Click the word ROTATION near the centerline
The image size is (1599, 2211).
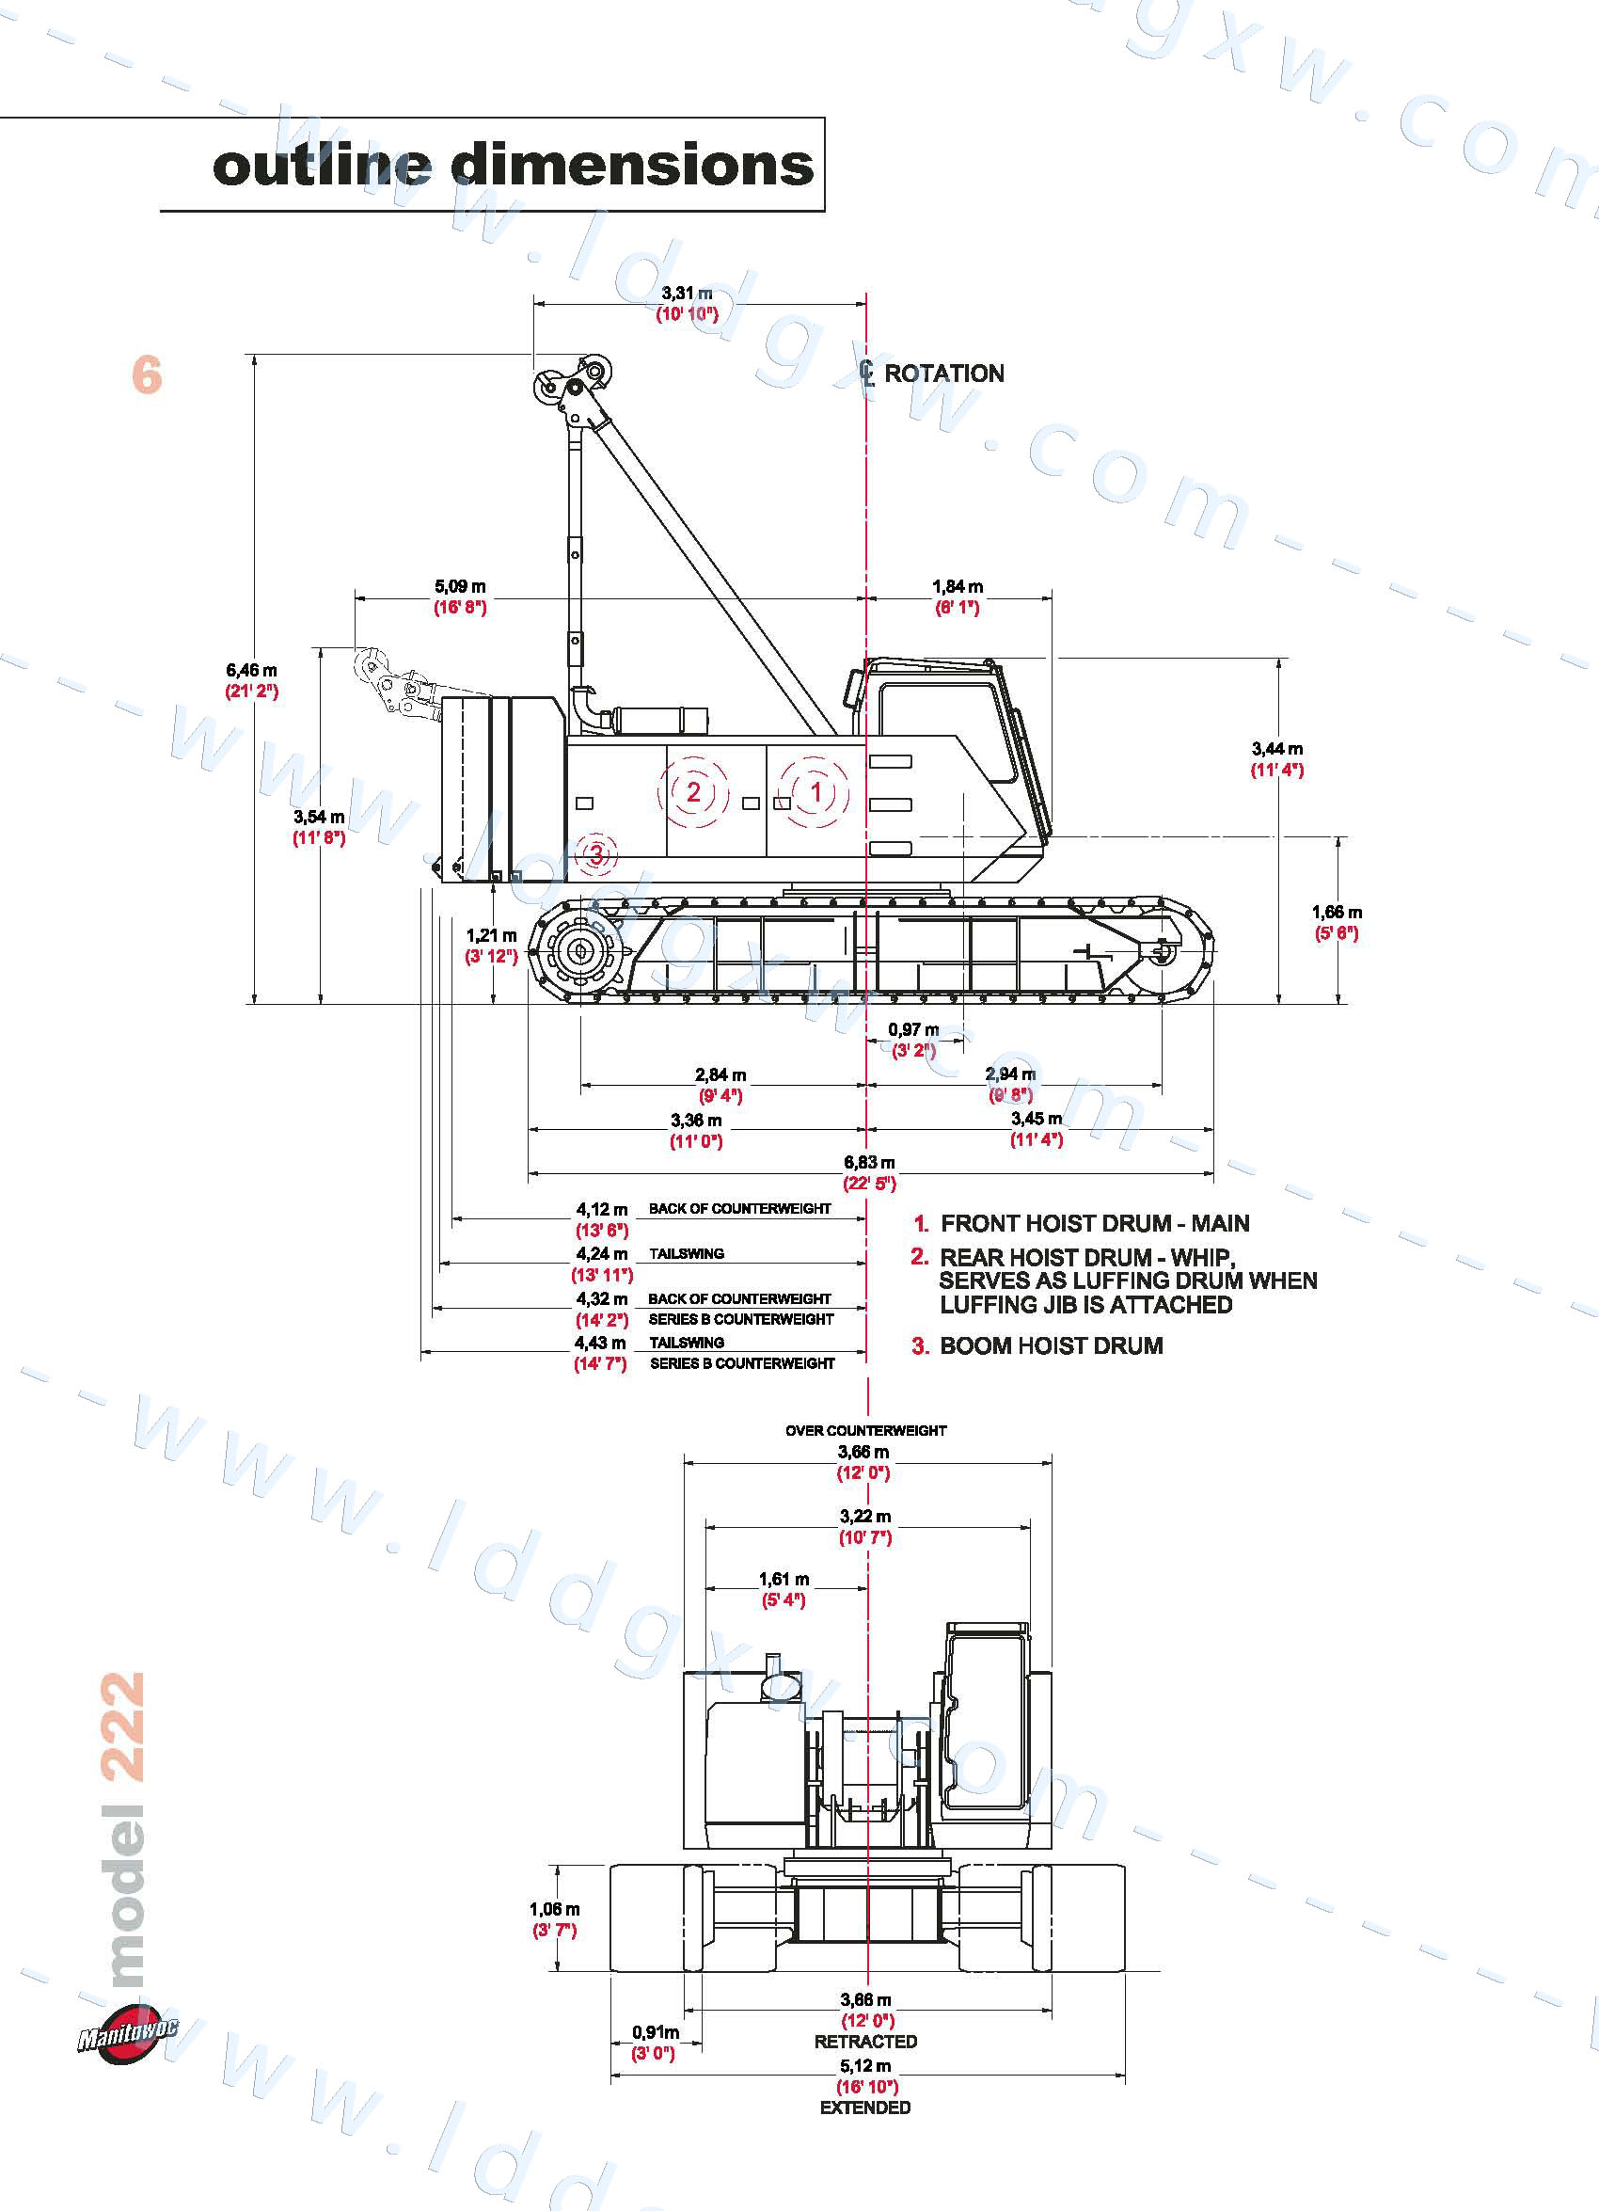pyautogui.click(x=943, y=374)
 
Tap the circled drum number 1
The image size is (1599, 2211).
pyautogui.click(x=815, y=791)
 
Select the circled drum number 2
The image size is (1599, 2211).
pyautogui.click(x=693, y=791)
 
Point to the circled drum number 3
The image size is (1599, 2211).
pyautogui.click(x=596, y=855)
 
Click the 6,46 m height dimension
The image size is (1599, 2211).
pyautogui.click(x=251, y=671)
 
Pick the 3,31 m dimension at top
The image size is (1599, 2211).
pyautogui.click(x=687, y=293)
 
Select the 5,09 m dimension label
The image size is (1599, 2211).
pyautogui.click(x=460, y=587)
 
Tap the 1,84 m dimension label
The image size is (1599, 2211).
pyautogui.click(x=957, y=587)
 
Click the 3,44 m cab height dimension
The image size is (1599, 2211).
pyautogui.click(x=1276, y=749)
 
